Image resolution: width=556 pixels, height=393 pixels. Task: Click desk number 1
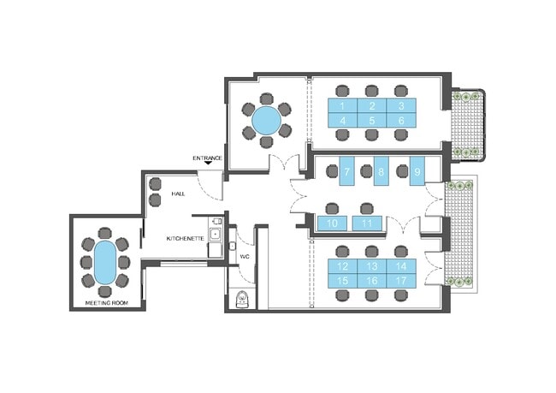point(342,105)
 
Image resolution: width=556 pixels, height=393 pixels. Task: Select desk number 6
point(401,121)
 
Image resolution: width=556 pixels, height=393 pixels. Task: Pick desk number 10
point(332,223)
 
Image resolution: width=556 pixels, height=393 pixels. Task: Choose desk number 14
point(401,266)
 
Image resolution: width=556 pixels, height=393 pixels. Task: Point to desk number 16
point(372,281)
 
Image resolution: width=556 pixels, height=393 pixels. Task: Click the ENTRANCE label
point(208,158)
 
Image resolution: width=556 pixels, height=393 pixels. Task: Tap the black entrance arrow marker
point(208,163)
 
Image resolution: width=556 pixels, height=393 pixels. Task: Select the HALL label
point(179,194)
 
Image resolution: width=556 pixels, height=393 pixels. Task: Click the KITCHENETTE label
point(185,239)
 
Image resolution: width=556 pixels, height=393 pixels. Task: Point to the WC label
point(245,256)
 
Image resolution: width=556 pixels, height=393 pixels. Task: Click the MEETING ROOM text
point(107,303)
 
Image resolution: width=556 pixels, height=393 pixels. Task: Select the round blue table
point(266,121)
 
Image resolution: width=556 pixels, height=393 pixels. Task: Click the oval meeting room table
point(105,262)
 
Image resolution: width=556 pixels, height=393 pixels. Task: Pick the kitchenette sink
point(215,235)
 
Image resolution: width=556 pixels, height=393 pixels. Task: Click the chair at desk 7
point(332,171)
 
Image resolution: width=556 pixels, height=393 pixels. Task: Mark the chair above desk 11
point(367,209)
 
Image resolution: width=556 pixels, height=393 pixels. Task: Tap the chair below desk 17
point(401,295)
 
